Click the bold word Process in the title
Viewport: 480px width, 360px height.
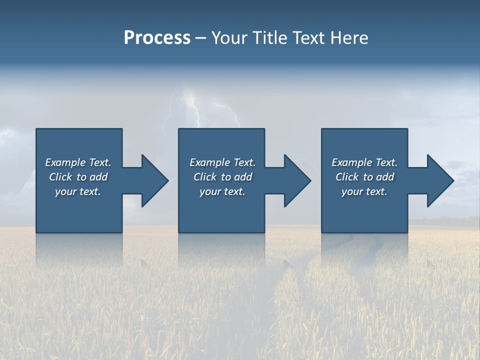point(157,38)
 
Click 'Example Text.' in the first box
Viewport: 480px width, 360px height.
point(78,162)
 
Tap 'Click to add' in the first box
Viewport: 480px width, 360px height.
point(78,177)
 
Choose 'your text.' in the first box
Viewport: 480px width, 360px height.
point(78,191)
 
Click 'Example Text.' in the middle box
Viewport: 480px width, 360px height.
point(222,162)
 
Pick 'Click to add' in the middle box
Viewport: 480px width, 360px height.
point(222,177)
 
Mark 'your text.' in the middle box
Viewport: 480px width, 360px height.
point(222,191)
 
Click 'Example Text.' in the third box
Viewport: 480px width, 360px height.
point(364,162)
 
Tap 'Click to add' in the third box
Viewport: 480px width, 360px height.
point(364,177)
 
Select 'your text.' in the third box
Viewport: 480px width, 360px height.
point(364,191)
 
